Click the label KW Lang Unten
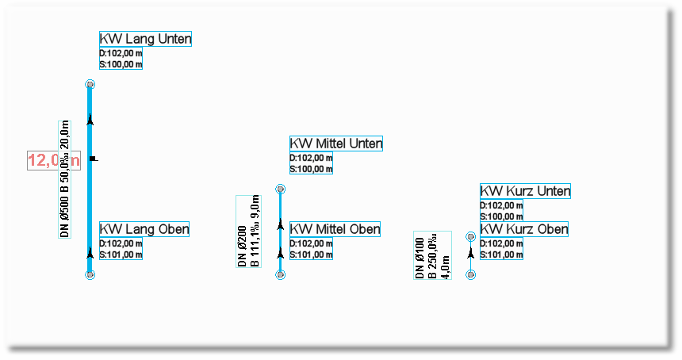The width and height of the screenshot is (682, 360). [145, 39]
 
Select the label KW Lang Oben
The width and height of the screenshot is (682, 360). [144, 230]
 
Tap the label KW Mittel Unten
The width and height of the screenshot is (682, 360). [336, 144]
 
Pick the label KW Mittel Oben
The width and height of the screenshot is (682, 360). [335, 229]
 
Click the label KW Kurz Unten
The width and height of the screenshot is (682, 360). [525, 191]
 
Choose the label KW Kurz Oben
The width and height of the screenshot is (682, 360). [524, 229]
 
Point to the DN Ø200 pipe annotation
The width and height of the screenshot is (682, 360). [249, 231]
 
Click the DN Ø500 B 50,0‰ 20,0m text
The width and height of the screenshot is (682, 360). [66, 179]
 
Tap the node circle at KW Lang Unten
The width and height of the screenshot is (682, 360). [90, 84]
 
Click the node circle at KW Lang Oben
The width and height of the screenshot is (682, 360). [90, 274]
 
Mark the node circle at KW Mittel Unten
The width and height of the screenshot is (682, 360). [280, 190]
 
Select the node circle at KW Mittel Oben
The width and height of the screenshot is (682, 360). [280, 274]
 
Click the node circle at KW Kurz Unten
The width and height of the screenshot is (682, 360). [471, 236]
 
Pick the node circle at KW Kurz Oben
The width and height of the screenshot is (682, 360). [471, 274]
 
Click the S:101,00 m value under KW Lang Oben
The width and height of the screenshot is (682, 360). [121, 255]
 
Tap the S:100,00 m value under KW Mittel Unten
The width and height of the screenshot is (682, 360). [311, 169]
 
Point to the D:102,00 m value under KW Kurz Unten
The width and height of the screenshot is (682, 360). [501, 206]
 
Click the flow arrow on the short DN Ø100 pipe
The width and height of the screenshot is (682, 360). [471, 255]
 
